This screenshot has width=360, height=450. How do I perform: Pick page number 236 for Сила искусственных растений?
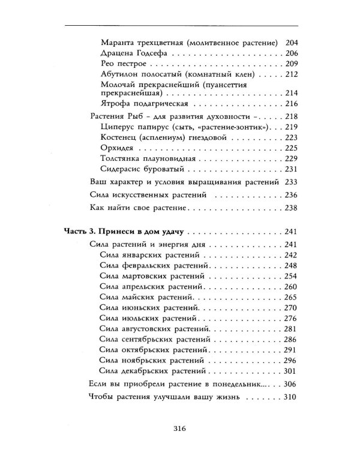pos(290,195)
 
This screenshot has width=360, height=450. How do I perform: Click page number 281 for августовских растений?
pos(290,329)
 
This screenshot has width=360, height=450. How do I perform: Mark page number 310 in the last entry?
pos(290,397)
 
